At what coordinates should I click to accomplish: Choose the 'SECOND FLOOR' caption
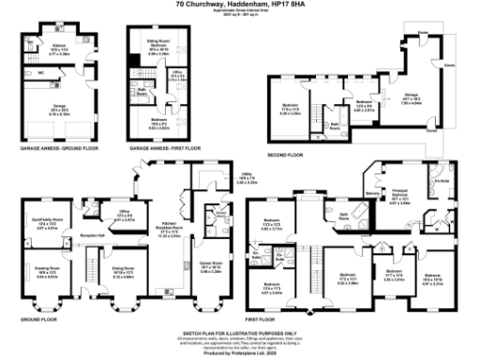(x=284, y=154)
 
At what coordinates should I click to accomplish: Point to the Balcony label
(x=372, y=194)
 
